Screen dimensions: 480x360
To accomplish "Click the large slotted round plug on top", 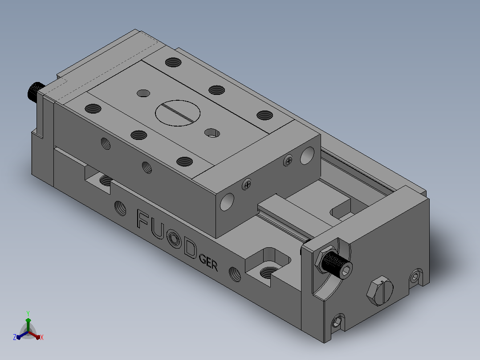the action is point(178,113).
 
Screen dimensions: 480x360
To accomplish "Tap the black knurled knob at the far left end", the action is point(36,92).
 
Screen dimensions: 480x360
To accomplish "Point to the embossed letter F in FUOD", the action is point(143,220).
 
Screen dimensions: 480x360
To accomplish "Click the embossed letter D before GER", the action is point(190,248).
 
